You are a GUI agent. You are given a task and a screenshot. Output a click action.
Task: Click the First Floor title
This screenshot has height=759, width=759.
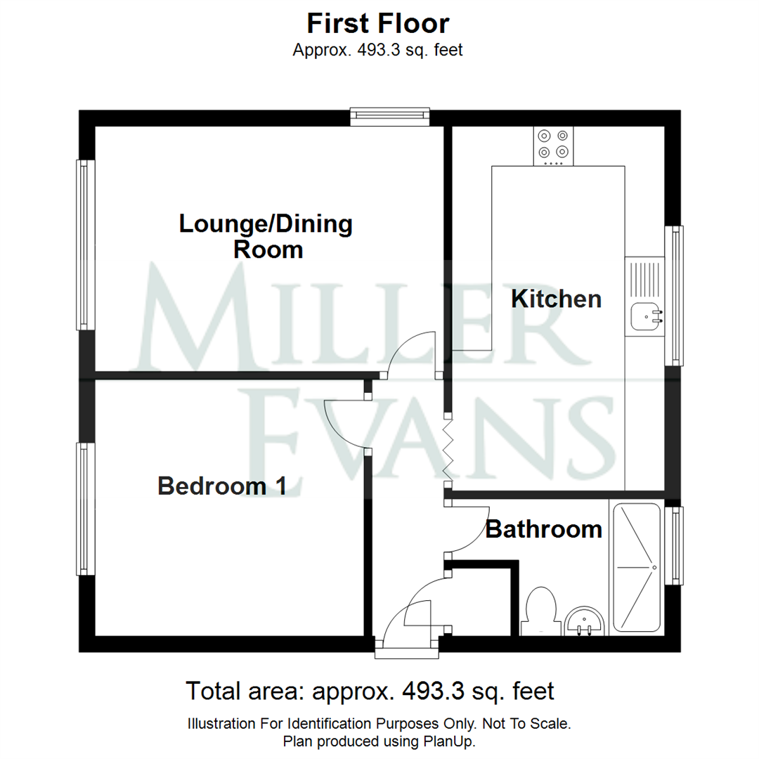click(378, 24)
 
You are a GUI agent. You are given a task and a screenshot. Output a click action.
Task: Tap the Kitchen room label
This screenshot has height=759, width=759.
click(556, 299)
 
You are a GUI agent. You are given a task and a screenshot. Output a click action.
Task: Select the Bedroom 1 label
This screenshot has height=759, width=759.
click(221, 486)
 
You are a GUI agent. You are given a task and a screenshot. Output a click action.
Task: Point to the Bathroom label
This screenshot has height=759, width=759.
click(544, 528)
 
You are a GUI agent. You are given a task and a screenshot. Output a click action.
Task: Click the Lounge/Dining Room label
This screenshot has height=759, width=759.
click(266, 236)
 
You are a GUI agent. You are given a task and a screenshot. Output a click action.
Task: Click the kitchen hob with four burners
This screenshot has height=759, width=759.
click(552, 145)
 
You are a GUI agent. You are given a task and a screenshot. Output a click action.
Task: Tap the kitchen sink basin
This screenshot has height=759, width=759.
click(645, 316)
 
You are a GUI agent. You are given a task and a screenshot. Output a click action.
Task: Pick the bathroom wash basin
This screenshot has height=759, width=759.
click(583, 619)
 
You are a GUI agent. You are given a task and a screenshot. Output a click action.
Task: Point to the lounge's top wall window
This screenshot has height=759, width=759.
click(390, 117)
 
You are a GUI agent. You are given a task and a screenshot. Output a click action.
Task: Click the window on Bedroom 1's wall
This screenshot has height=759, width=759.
click(86, 509)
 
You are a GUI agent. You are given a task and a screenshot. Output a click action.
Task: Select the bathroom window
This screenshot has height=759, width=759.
click(675, 545)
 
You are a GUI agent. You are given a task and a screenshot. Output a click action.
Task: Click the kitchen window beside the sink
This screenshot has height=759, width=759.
click(675, 295)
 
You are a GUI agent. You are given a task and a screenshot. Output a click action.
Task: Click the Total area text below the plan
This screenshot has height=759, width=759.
click(370, 691)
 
